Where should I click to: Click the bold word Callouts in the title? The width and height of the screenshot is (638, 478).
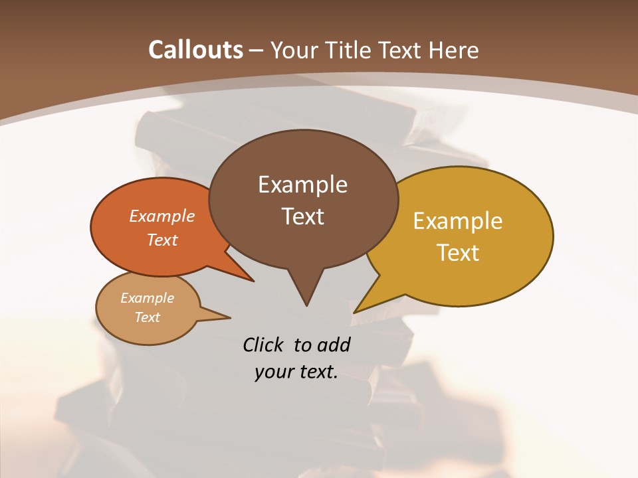point(195,50)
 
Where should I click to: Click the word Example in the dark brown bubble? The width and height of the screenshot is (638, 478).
point(302,185)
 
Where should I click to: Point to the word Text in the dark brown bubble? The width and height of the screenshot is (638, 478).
point(302,216)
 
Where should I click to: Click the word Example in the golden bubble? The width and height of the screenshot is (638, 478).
point(458,221)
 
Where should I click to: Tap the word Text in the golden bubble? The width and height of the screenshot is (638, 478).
point(459,253)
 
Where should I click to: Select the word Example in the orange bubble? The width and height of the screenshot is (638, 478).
point(162,216)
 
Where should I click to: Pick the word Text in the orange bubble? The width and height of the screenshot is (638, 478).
point(162,240)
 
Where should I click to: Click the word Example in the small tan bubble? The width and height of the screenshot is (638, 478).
point(148,298)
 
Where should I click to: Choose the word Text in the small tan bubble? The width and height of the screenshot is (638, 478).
point(148,317)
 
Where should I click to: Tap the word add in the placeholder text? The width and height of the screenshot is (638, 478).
point(334,345)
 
